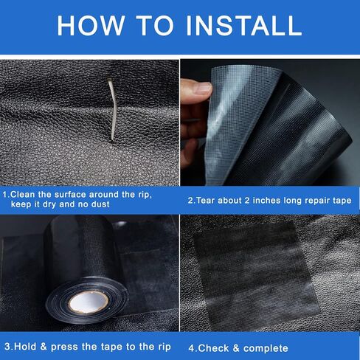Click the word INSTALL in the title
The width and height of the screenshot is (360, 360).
pos(244,26)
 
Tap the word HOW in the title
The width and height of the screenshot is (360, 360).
pos(91,26)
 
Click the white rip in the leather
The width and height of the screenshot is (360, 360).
pos(112,109)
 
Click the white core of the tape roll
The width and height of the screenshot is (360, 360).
pos(88,302)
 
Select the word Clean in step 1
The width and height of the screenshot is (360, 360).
pos(23,195)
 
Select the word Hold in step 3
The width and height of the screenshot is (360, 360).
pos(25,347)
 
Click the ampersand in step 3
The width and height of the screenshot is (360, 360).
pos(44,347)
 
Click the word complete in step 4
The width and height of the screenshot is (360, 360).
pos(266,349)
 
